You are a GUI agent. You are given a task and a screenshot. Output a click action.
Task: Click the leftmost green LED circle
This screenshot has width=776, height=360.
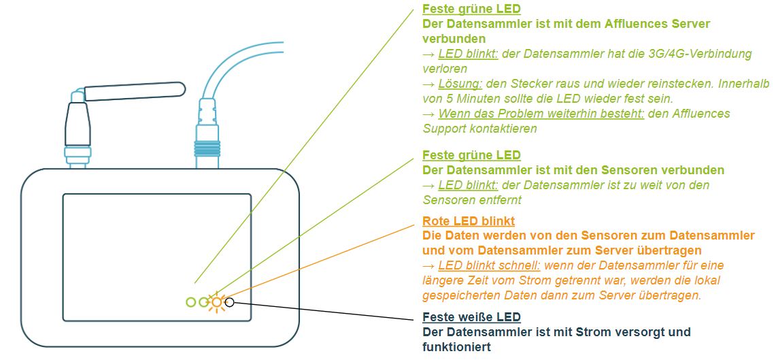pos(191,301)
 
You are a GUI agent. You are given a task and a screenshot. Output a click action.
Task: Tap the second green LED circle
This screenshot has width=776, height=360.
pos(203,301)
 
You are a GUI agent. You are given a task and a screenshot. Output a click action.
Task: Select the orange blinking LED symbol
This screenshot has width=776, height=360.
pos(216,302)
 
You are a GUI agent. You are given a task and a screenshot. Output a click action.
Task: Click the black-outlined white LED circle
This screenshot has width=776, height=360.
pos(230,301)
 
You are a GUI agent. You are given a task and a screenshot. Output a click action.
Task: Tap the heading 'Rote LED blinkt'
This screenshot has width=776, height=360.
pos(468,221)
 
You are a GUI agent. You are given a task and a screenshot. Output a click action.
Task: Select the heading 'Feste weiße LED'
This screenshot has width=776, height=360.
pos(471,317)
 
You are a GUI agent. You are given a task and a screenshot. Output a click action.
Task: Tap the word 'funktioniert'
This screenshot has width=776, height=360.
pos(457,346)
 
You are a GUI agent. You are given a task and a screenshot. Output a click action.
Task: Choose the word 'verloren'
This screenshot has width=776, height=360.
pos(445,69)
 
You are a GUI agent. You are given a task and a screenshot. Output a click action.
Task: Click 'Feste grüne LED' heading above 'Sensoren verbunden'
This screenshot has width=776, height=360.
pos(471,155)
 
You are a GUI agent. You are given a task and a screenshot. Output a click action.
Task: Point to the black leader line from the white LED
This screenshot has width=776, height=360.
pos(326,308)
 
